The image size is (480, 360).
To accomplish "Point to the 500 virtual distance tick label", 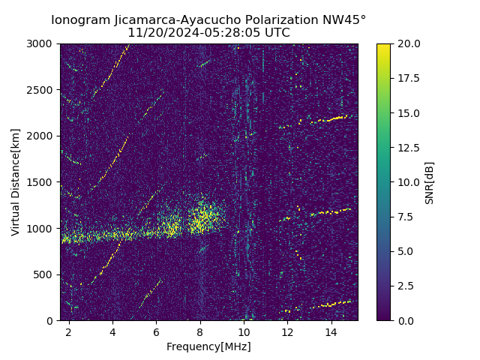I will [x=45, y=274].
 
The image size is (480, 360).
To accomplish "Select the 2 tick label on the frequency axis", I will [x=69, y=331].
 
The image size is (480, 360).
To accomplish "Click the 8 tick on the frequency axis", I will [x=200, y=331].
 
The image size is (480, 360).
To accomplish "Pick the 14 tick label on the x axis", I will [x=331, y=331].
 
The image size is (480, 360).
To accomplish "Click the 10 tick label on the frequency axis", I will [x=244, y=331].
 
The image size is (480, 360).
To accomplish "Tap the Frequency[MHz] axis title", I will [x=208, y=346].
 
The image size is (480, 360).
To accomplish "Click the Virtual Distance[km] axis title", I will [x=16, y=182].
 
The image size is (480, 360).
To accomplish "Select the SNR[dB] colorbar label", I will [x=430, y=182].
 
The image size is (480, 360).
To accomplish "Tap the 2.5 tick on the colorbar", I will [x=406, y=286].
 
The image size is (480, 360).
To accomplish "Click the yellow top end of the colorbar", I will [x=383, y=46].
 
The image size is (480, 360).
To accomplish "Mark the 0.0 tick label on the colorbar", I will [x=406, y=320].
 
